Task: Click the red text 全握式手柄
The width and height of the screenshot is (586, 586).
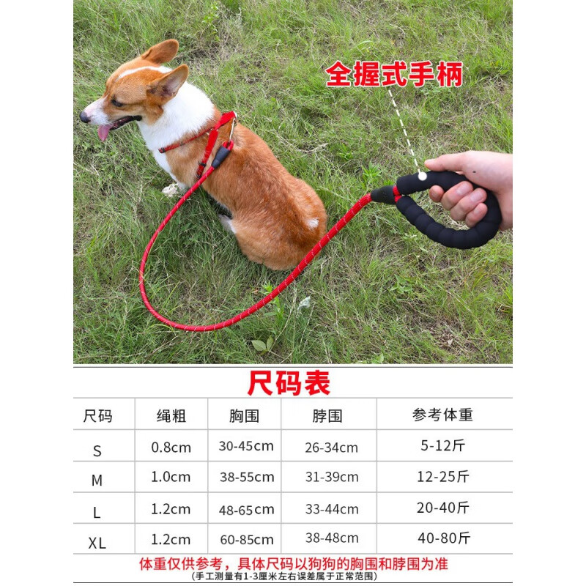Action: (394, 75)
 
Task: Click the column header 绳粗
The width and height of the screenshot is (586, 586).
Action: (171, 415)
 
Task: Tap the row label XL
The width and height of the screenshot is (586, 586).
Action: (97, 543)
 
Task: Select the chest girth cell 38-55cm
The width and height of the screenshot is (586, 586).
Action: (247, 477)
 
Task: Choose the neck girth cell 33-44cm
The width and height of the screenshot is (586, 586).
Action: (332, 509)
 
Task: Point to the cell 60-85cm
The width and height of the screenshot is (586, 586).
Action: (247, 540)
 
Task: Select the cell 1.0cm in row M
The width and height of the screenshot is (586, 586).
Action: (171, 477)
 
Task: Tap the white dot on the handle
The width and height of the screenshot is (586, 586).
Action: (422, 176)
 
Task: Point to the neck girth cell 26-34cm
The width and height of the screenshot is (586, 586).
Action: (332, 447)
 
